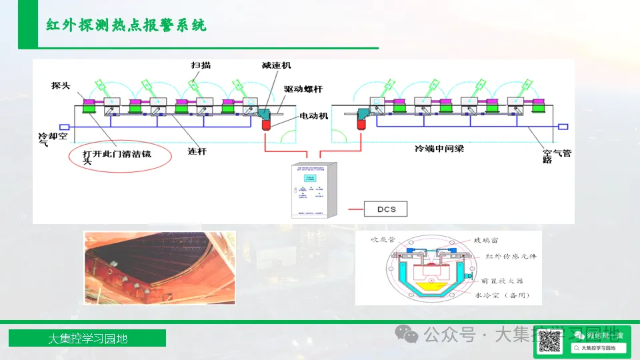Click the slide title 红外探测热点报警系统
pyautogui.click(x=126, y=25)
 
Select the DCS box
pyautogui.click(x=386, y=209)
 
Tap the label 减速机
pyautogui.click(x=276, y=66)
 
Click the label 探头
pyautogui.click(x=61, y=86)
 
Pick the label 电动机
pyautogui.click(x=314, y=116)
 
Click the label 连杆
pyautogui.click(x=197, y=151)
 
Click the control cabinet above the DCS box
pyautogui.click(x=314, y=189)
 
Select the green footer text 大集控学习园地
pyautogui.click(x=87, y=339)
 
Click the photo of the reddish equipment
pyautogui.click(x=159, y=267)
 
